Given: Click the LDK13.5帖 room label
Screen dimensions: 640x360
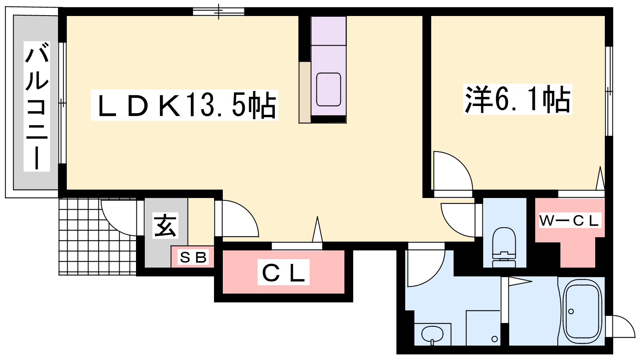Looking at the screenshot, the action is [x=184, y=105].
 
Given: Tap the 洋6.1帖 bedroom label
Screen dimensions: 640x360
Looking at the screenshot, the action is [x=518, y=99].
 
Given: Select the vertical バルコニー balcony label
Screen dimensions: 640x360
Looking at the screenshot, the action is [x=37, y=106].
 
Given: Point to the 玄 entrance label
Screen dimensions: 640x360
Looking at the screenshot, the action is [x=165, y=226].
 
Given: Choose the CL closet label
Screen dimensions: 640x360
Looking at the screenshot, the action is [x=284, y=272].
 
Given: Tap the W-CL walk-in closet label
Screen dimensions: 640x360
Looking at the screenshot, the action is [x=570, y=220].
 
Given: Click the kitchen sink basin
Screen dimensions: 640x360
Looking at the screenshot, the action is [x=328, y=90].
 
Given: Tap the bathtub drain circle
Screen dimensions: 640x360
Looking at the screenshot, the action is [x=571, y=312].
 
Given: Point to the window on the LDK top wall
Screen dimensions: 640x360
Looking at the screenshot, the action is [x=218, y=12].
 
